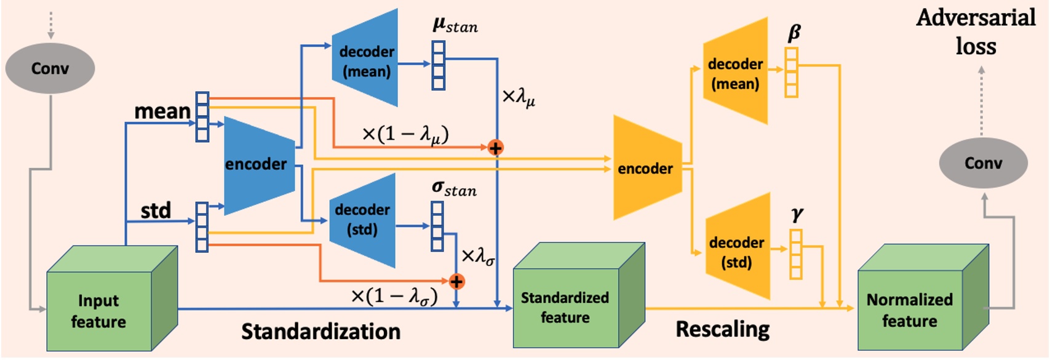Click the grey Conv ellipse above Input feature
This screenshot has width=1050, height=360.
point(50,68)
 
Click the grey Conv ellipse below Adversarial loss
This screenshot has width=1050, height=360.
point(983,163)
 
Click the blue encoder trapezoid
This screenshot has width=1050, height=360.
point(257,164)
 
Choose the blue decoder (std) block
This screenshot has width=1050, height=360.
point(363,220)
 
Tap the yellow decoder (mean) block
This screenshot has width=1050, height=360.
point(736,73)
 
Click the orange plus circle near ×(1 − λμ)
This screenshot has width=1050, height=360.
point(495,148)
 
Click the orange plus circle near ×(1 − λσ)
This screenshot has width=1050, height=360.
point(456,282)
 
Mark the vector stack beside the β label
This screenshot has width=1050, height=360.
point(792,73)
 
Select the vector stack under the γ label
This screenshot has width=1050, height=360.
point(796,254)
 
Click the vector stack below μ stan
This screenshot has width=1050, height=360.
point(438,65)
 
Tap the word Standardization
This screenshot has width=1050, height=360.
point(320,332)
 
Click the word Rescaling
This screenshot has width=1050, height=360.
point(722,329)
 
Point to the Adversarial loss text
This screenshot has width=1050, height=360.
point(976,32)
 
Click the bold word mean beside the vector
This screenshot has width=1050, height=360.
point(162,111)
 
